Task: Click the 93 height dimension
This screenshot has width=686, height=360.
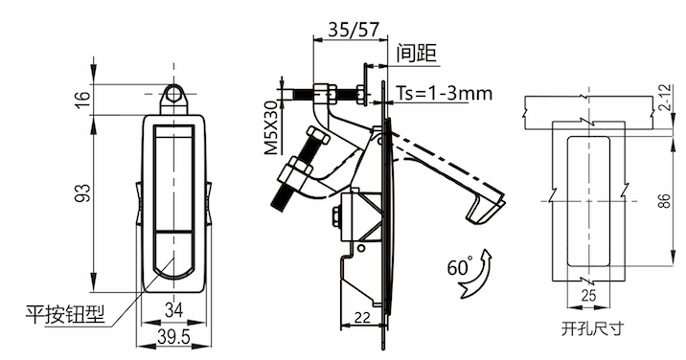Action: [84, 192]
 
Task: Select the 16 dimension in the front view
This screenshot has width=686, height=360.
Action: [84, 100]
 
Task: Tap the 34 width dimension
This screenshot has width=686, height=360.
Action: [173, 311]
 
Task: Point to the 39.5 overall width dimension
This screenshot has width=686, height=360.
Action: [173, 337]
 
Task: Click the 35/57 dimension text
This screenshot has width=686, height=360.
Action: [353, 30]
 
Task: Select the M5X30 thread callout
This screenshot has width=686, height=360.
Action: [272, 127]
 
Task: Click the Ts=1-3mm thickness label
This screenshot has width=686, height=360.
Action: [444, 93]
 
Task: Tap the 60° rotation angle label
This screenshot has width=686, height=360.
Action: [460, 267]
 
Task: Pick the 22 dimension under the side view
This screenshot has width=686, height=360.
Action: [362, 317]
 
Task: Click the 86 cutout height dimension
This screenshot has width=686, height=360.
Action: [664, 201]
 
